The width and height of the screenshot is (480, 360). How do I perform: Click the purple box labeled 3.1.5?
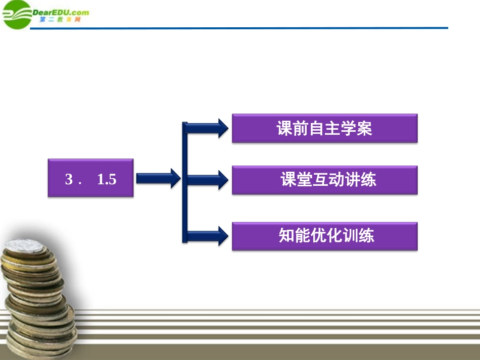point(91,178)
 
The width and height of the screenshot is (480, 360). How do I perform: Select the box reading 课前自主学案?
point(324,128)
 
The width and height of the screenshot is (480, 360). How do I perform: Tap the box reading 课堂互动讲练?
point(324,180)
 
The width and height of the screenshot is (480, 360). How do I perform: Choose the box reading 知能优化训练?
point(324,236)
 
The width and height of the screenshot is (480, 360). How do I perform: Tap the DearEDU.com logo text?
point(61,13)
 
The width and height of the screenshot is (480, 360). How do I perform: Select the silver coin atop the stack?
point(25,246)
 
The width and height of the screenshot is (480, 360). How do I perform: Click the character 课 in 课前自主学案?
point(284,129)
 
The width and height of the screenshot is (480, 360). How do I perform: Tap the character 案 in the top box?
point(364,129)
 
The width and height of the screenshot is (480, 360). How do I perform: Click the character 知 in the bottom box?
point(286,236)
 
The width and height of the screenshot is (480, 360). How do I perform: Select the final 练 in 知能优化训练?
point(366,236)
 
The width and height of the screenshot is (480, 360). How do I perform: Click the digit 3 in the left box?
point(69,179)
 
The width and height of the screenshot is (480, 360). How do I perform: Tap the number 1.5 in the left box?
point(107,179)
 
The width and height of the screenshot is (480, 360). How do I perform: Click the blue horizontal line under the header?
point(253,28)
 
